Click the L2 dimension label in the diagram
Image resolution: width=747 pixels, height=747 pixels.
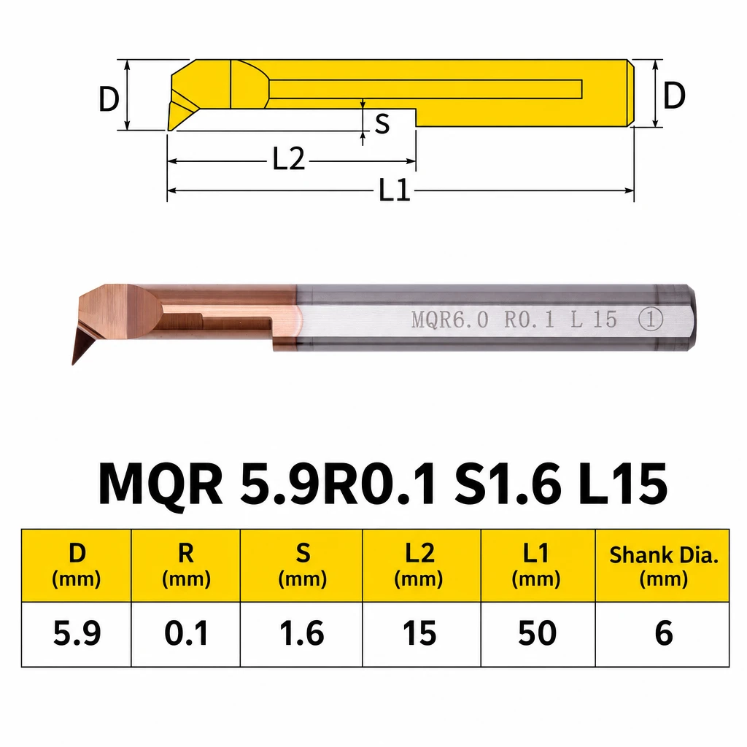pyautogui.click(x=289, y=158)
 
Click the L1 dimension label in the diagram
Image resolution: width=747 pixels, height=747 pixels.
pyautogui.click(x=395, y=190)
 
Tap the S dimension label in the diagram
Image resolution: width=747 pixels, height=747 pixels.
pyautogui.click(x=382, y=124)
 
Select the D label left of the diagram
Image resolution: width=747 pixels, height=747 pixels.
pyautogui.click(x=109, y=98)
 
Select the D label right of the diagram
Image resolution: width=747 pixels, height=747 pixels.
pyautogui.click(x=674, y=96)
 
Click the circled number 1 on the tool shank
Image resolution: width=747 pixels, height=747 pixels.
pyautogui.click(x=650, y=319)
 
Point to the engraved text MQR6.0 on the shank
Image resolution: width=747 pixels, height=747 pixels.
pyautogui.click(x=449, y=320)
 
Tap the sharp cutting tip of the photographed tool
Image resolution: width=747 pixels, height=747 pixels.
pyautogui.click(x=73, y=364)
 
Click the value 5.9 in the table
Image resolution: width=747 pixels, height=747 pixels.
pyautogui.click(x=77, y=634)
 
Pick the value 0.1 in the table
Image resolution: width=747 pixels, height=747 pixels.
pyautogui.click(x=186, y=634)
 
